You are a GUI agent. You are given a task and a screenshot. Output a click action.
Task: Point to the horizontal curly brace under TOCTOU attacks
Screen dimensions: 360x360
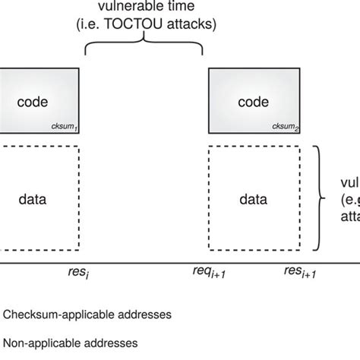(x=144, y=48)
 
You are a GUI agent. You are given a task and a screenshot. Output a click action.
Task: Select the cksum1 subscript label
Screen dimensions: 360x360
(x=65, y=127)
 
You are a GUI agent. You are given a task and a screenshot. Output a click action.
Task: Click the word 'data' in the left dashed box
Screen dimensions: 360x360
(x=32, y=201)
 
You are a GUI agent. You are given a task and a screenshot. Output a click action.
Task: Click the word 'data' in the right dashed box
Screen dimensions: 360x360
(x=252, y=201)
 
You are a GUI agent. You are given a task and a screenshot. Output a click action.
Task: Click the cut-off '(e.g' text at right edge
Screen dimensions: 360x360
(x=350, y=201)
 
